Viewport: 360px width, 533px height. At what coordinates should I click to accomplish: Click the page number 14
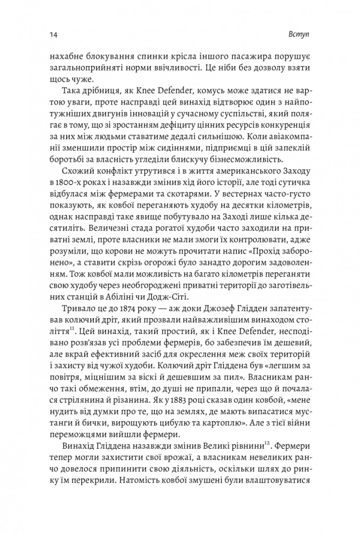[54, 34]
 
